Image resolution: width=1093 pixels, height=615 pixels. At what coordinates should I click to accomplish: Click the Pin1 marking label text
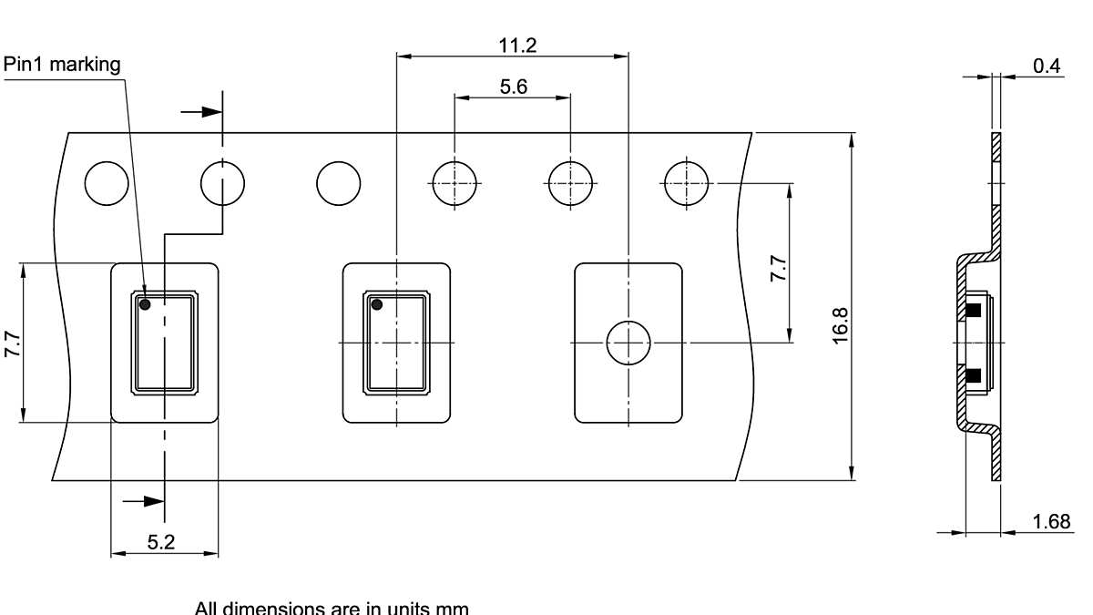62,65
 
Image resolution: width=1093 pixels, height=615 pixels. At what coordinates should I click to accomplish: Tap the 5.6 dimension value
514,87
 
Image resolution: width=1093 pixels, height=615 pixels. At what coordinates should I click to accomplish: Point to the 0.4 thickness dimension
1047,67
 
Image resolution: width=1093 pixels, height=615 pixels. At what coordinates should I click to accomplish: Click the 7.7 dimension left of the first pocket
13,344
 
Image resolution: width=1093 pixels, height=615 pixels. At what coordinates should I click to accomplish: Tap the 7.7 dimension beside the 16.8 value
777,269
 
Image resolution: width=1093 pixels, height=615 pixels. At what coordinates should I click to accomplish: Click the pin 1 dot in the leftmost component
145,305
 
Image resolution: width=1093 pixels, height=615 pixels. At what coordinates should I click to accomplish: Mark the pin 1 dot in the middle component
377,305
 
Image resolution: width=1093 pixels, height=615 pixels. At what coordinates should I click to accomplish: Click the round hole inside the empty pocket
628,343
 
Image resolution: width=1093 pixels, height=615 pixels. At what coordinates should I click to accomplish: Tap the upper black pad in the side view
973,310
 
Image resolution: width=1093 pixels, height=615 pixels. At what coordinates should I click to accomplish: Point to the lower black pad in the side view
973,374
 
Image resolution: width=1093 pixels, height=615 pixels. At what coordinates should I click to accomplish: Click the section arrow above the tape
201,112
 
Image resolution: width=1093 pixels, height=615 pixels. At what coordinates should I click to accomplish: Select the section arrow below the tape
143,500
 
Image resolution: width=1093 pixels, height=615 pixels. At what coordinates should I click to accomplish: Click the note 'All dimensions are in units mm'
332,608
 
